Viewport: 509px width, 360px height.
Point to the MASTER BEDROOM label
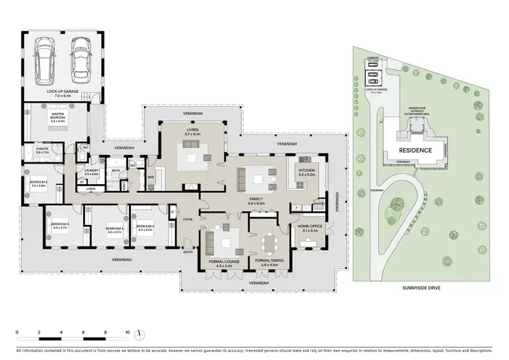pyautogui.click(x=56, y=118)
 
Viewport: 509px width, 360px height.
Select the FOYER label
pyautogui.click(x=186, y=219)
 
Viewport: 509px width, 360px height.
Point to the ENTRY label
pyautogui.click(x=187, y=253)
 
